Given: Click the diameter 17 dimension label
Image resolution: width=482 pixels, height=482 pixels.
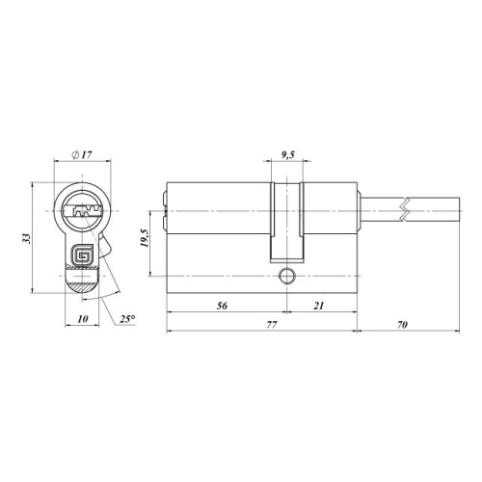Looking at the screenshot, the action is (x=82, y=155).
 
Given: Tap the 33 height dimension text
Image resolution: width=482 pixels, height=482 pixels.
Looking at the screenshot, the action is (x=27, y=238).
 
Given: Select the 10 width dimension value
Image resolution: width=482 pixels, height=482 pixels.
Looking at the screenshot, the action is (x=83, y=319).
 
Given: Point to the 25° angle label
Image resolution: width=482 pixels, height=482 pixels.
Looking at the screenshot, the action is (x=127, y=319).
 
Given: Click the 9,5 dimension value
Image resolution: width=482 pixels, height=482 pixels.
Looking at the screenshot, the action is (x=288, y=155).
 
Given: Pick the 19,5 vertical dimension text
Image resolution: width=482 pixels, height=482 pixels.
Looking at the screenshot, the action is (x=144, y=238).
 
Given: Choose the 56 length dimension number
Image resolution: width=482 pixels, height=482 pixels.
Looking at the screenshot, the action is (x=222, y=306).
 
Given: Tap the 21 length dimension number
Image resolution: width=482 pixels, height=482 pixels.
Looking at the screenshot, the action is (x=319, y=306).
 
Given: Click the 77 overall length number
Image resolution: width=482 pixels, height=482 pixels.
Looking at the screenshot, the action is (x=272, y=325).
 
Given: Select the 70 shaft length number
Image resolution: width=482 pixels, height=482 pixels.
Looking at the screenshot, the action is (x=402, y=325).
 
